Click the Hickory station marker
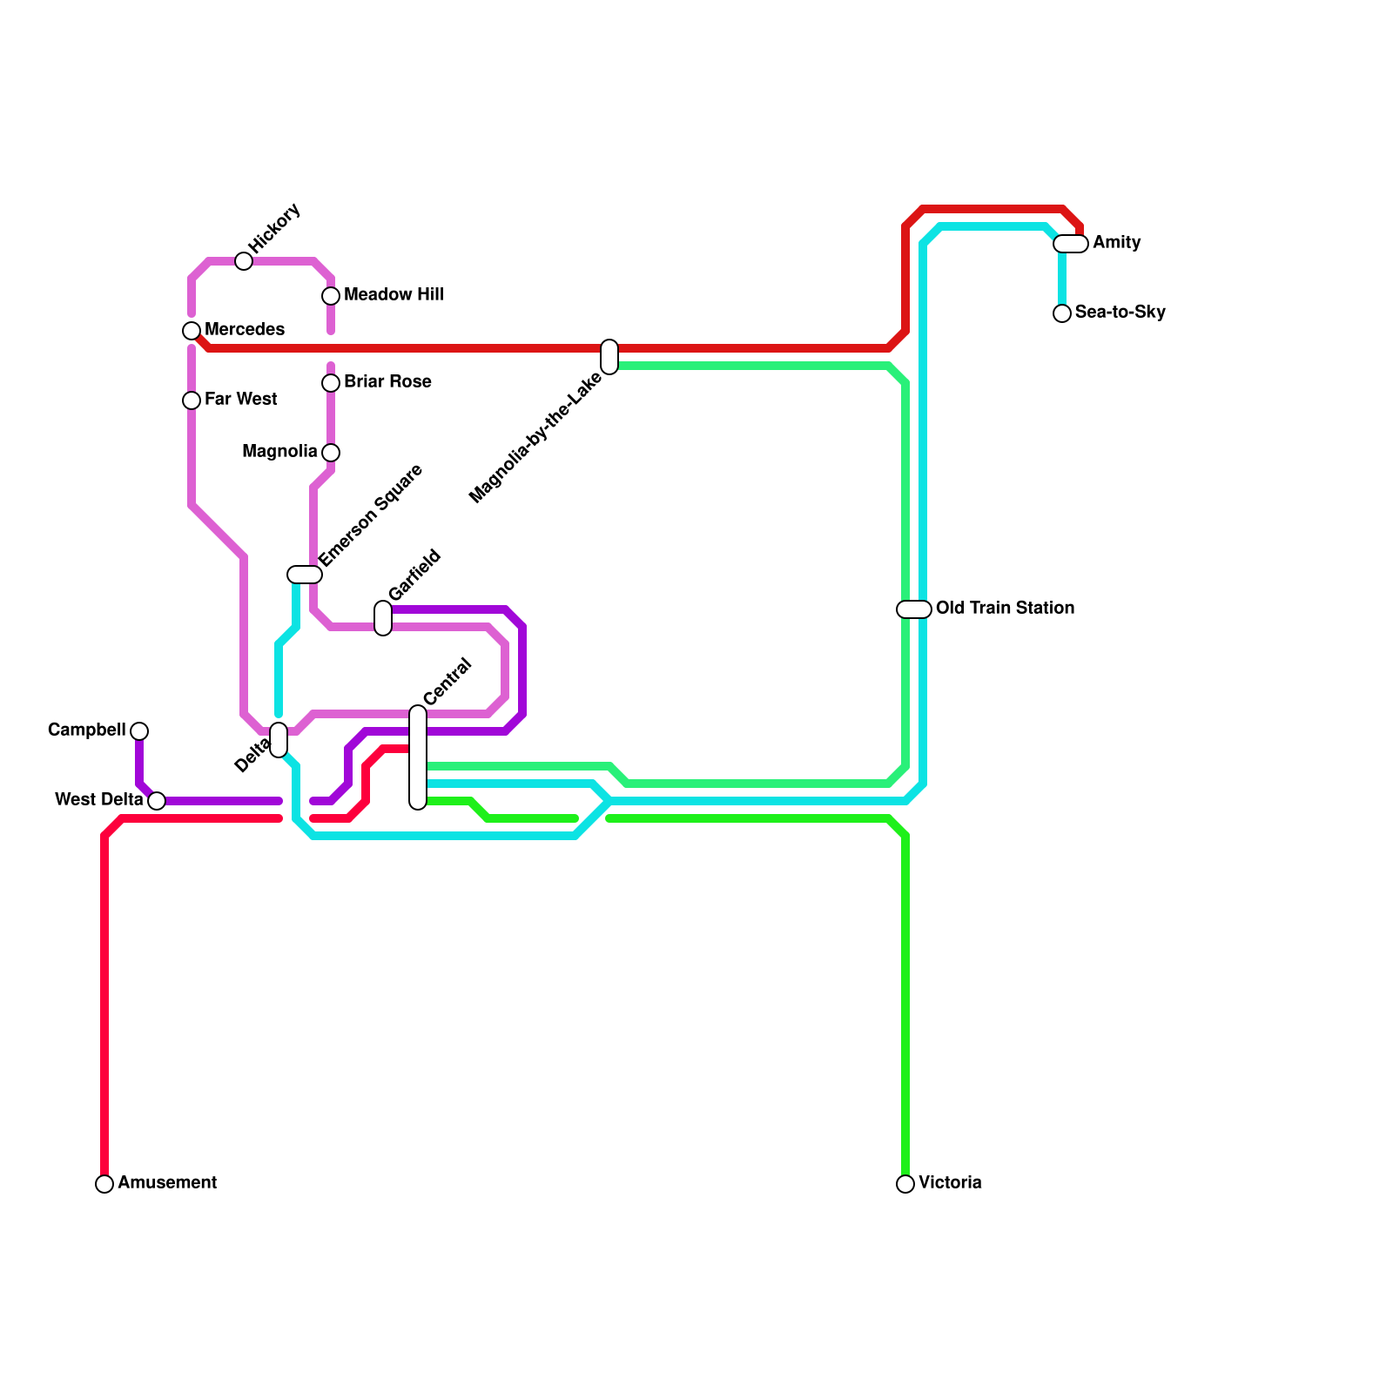[x=244, y=261]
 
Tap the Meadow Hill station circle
[x=331, y=296]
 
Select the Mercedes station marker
[x=192, y=331]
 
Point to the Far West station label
[x=240, y=400]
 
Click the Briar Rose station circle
[x=331, y=383]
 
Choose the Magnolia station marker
[x=331, y=453]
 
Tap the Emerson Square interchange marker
[x=305, y=575]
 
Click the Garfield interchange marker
[x=383, y=618]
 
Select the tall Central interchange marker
[x=418, y=757]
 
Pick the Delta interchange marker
[x=279, y=740]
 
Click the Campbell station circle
[x=139, y=731]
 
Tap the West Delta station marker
[x=157, y=801]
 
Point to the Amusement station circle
[x=104, y=1184]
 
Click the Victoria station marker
[x=905, y=1184]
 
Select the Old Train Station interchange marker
[x=914, y=609]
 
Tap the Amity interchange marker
[x=1071, y=244]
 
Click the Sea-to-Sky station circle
[x=1062, y=313]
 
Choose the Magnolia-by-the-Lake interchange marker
[x=609, y=357]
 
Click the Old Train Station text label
[x=1005, y=609]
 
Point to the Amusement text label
[x=167, y=1183]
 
